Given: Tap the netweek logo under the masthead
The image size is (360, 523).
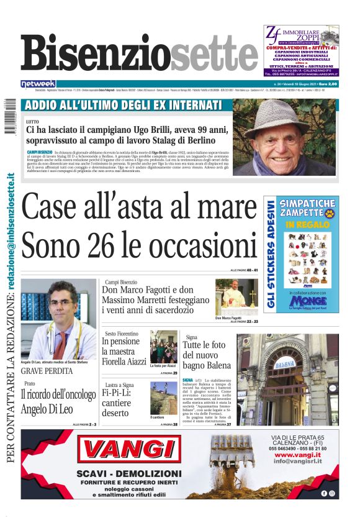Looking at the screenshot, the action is click(38, 83).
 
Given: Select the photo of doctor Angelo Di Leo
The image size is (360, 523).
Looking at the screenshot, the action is click(58, 319).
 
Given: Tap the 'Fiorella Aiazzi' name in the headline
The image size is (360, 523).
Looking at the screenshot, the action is click(124, 362).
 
